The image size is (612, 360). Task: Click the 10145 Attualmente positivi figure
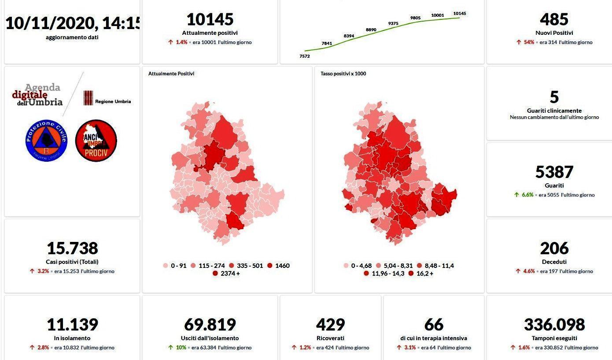210,19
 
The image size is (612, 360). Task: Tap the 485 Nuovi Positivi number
554,19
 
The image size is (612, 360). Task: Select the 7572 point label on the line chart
304,56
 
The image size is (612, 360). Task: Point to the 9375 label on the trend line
393,23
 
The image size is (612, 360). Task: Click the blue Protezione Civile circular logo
46,140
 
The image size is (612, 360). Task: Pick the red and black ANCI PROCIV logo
96,140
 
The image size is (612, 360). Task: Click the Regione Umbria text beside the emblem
113,101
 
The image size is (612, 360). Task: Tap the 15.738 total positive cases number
72,248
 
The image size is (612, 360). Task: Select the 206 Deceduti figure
554,248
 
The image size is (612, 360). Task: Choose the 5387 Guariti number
554,172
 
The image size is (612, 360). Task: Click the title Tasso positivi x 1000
343,74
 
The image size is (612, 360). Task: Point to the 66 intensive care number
434,325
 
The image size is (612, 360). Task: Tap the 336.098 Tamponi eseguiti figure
554,325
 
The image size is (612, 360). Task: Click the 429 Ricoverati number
330,325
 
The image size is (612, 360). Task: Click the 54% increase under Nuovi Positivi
528,42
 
